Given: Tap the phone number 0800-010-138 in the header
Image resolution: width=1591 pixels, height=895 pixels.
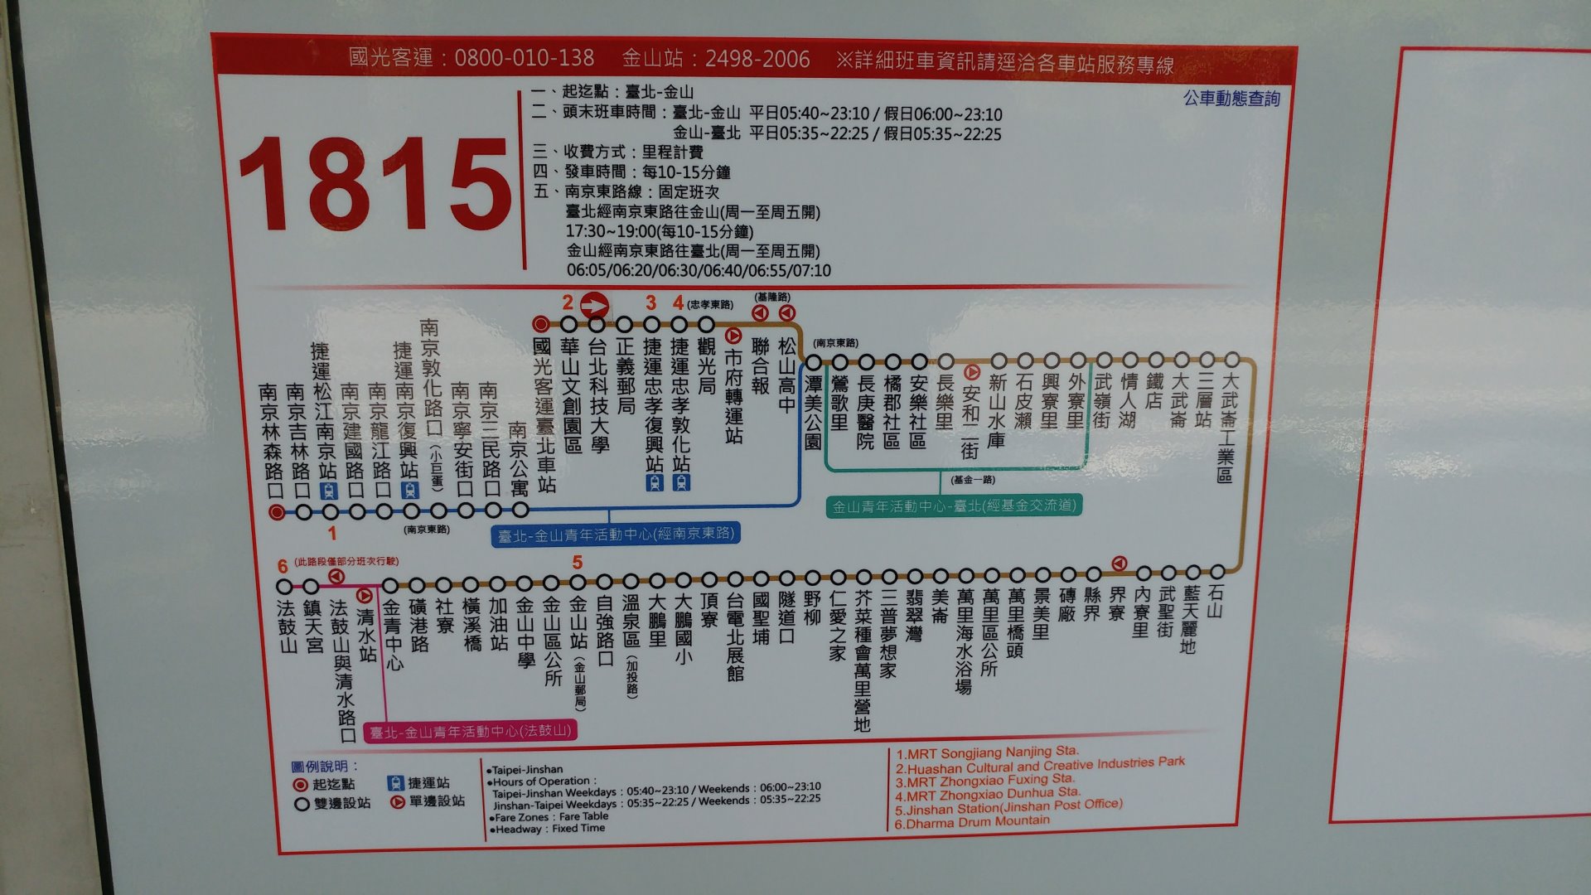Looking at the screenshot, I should (x=524, y=58).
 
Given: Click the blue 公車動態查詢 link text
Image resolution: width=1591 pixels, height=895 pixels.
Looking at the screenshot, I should (x=1231, y=99).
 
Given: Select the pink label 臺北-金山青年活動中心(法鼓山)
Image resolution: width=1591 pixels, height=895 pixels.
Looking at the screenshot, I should (x=470, y=732).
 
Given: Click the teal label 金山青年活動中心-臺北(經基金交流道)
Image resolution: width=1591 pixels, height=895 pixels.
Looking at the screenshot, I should (x=954, y=506).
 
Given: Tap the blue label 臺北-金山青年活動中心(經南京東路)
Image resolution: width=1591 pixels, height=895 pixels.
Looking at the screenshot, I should (x=616, y=535).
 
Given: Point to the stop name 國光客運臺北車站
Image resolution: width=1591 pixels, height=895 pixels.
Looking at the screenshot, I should (x=544, y=414).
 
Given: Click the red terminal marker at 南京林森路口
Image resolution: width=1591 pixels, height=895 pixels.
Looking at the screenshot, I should (x=277, y=512).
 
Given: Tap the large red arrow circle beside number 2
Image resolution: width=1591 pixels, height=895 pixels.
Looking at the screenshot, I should (x=595, y=305).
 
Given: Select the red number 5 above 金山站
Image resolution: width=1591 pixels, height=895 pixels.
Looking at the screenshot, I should (x=578, y=563).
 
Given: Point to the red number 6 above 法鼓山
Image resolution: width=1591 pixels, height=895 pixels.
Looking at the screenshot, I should (x=283, y=566).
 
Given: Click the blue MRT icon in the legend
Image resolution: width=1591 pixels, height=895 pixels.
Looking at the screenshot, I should (x=395, y=782).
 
